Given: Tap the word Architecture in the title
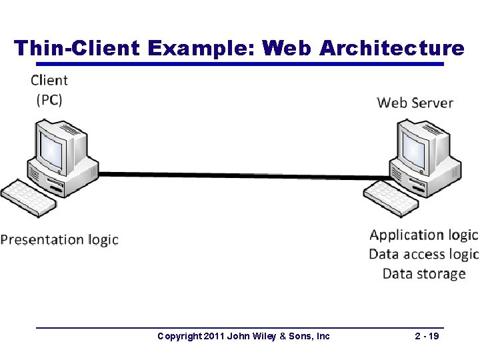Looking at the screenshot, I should (392, 48).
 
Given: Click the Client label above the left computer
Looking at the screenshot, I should (49, 81).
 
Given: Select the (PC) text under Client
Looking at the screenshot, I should (49, 100).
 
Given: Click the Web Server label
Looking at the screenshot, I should (415, 103).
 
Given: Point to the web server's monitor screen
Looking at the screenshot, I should (413, 149).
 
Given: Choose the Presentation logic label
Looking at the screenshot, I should (59, 239).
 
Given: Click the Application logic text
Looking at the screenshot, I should (423, 235).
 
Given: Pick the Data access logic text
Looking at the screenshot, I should (423, 254).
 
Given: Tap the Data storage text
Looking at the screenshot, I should (424, 273).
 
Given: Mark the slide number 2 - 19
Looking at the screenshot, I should (427, 336).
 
